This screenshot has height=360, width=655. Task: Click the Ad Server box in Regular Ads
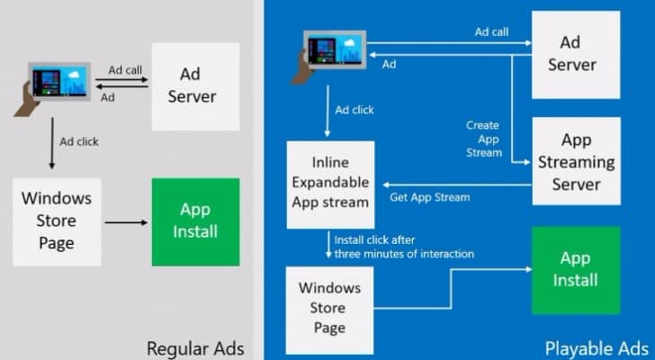195,87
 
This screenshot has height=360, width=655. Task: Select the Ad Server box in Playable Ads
576,55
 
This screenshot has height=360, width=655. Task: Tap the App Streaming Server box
576,161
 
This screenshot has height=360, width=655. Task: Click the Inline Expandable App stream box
330,184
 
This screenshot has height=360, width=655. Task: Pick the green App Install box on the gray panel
195,222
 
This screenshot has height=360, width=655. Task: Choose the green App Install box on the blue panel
576,270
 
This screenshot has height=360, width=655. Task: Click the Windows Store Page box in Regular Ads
57,222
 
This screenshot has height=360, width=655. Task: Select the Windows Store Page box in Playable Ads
329,310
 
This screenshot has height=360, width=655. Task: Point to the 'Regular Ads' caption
195,348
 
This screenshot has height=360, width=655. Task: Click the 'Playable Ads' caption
597,348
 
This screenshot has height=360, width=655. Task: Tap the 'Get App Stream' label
430,197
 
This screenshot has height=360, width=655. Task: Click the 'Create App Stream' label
484,139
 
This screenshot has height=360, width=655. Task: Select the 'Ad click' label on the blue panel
354,110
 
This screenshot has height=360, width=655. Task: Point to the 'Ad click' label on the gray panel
79,141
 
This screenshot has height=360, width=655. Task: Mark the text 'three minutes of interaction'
404,254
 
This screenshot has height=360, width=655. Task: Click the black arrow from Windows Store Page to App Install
126,222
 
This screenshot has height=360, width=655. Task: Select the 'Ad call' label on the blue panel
491,31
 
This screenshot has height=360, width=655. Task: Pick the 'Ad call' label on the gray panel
125,69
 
